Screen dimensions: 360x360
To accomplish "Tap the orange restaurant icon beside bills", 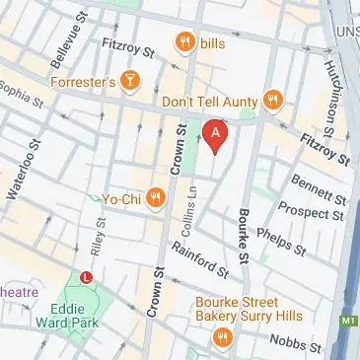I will click(184, 41).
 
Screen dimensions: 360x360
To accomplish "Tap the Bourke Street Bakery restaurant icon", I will click(222, 339).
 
